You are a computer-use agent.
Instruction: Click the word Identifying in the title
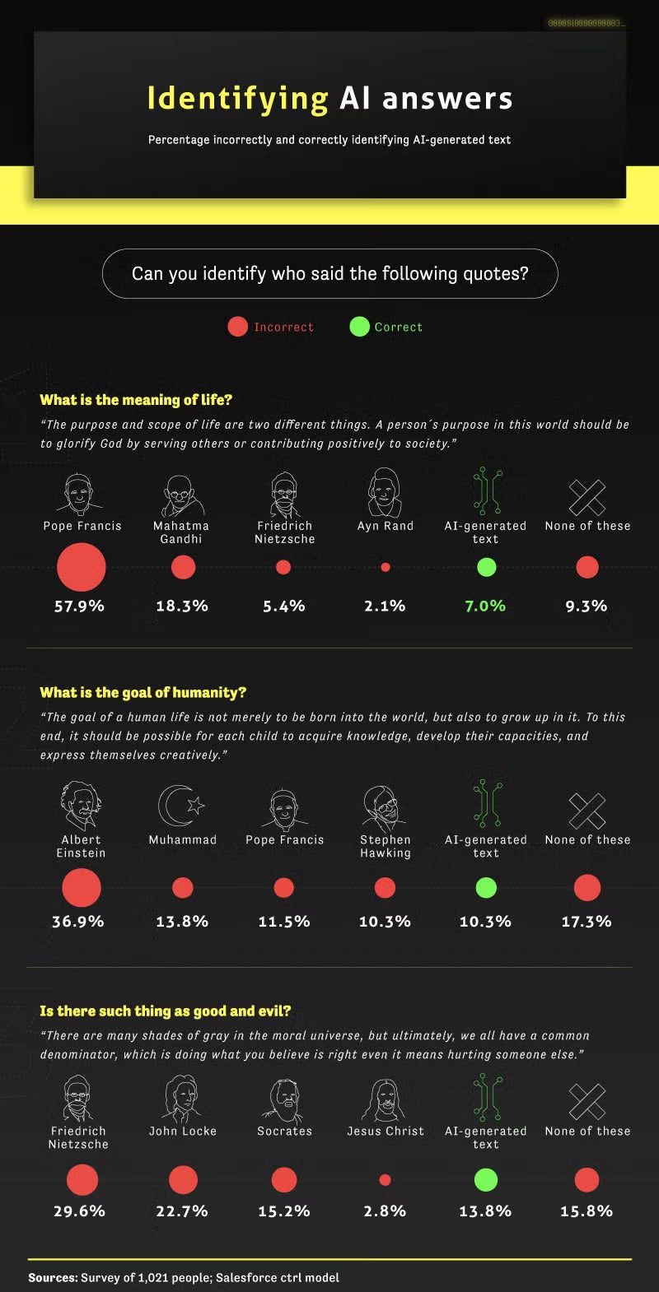coord(237,99)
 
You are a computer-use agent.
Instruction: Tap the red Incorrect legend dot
coord(238,327)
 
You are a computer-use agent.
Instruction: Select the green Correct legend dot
coord(359,327)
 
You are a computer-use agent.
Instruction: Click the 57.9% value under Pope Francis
coord(79,606)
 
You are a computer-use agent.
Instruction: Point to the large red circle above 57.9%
coord(82,568)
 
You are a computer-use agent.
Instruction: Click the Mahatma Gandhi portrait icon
coord(181,495)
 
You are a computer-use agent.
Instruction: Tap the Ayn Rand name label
coord(386,526)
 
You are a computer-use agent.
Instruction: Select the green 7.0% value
coord(485,606)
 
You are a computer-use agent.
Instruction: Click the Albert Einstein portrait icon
coord(81,806)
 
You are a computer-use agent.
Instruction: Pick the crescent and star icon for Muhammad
coord(181,806)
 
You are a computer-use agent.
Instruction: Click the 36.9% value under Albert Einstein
coord(78,922)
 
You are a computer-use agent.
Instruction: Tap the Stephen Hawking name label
coord(386,846)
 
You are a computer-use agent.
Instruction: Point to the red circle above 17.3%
coord(587,888)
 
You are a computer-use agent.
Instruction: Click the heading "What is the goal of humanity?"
coord(143,693)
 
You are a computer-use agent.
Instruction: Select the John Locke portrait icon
coord(182,1098)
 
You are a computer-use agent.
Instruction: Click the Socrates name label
coord(285,1132)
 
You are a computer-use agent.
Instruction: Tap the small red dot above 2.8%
coord(385,1180)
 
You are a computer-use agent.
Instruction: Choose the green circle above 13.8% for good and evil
coord(486,1180)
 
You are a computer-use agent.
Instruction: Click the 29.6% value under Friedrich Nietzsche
coord(79,1211)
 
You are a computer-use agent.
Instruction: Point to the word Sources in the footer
coord(53,1278)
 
